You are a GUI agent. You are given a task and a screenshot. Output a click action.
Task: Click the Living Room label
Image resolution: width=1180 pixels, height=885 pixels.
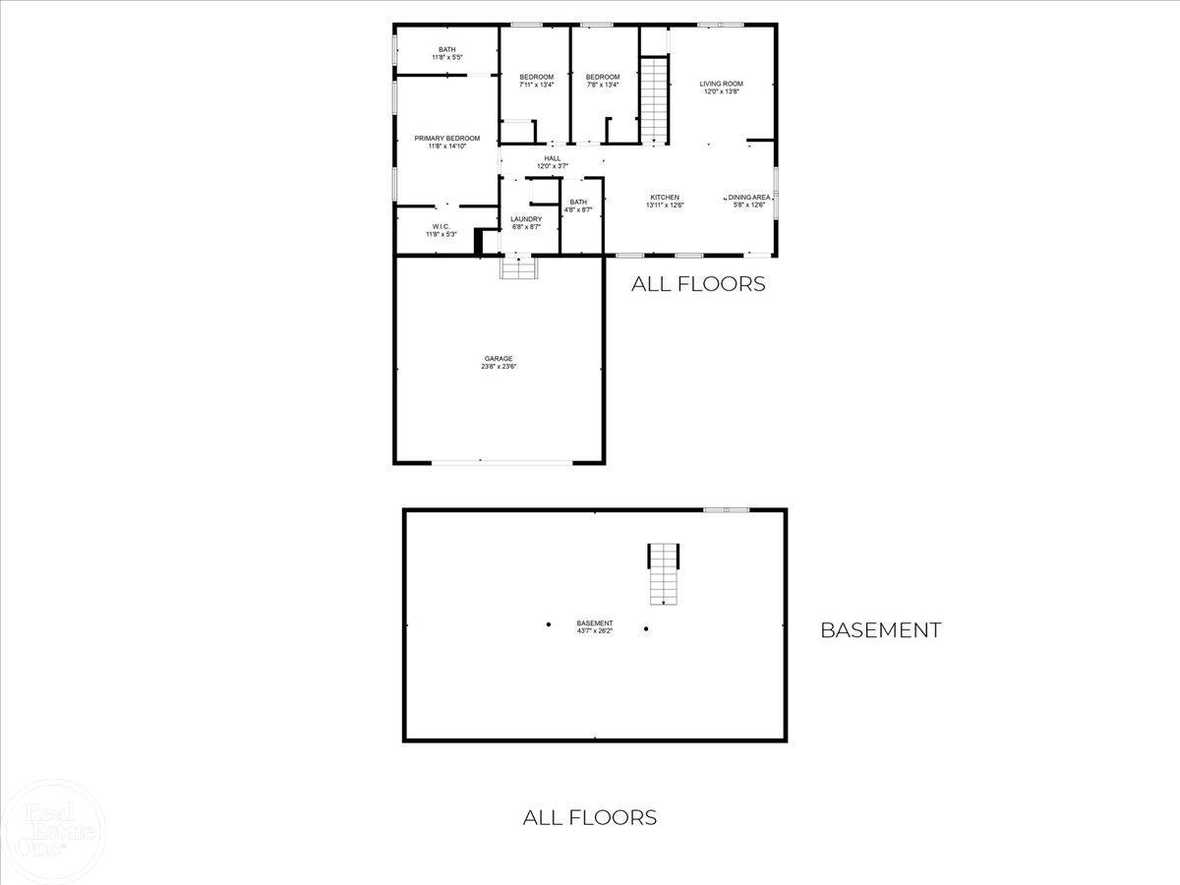[721, 84]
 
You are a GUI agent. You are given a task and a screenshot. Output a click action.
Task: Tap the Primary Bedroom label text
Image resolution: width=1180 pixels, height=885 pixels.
[446, 139]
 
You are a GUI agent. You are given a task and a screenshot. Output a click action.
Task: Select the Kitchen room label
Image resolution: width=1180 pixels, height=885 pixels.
[665, 198]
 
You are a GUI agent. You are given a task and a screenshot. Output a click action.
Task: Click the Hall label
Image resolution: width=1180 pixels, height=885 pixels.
[553, 158]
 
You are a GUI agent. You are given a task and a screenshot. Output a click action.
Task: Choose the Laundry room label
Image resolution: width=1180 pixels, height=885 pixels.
[526, 219]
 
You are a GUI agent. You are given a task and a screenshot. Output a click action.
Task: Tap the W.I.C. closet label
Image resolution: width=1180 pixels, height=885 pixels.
[441, 227]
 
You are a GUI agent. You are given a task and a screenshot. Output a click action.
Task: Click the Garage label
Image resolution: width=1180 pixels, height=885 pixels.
[498, 358]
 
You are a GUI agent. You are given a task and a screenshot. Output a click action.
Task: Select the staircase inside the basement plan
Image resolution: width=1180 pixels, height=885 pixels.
[663, 574]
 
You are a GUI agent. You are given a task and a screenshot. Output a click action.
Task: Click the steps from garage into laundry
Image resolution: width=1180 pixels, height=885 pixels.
[518, 268]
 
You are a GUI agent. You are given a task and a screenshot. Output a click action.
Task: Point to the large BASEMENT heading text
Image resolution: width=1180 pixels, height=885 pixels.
[880, 630]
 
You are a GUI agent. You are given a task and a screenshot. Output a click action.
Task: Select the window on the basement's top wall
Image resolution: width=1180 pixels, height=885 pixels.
[726, 509]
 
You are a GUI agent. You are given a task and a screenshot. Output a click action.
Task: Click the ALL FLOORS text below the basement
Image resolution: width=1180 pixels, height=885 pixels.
[589, 817]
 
